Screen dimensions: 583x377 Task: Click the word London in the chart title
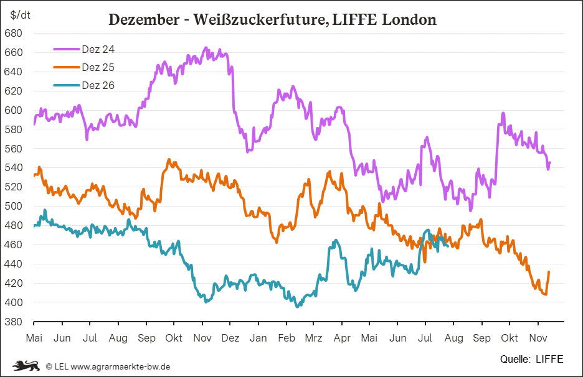coord(409,19)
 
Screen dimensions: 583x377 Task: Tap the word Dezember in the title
coord(144,19)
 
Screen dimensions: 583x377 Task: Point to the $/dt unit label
coord(20,15)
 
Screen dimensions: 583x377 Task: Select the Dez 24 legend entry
coord(84,49)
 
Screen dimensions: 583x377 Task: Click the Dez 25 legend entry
coord(84,67)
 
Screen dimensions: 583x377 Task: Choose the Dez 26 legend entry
coord(84,85)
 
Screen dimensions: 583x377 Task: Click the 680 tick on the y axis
coord(13,33)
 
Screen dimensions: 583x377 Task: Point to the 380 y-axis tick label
coord(13,322)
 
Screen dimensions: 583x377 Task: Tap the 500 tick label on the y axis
coord(13,206)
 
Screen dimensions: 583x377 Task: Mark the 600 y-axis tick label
coord(13,110)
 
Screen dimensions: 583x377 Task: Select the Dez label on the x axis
coord(230,338)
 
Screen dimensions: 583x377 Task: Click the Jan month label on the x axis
coord(258,338)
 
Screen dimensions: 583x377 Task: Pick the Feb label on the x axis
coord(287,338)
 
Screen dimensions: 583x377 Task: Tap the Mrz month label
coord(313,338)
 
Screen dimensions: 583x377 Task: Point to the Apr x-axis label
coord(342,338)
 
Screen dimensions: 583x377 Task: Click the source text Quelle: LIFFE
coord(532,359)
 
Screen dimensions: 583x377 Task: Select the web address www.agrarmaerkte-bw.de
coord(120,366)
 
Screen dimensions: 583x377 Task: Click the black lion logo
coord(26,365)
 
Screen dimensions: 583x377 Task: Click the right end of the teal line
coord(447,245)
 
